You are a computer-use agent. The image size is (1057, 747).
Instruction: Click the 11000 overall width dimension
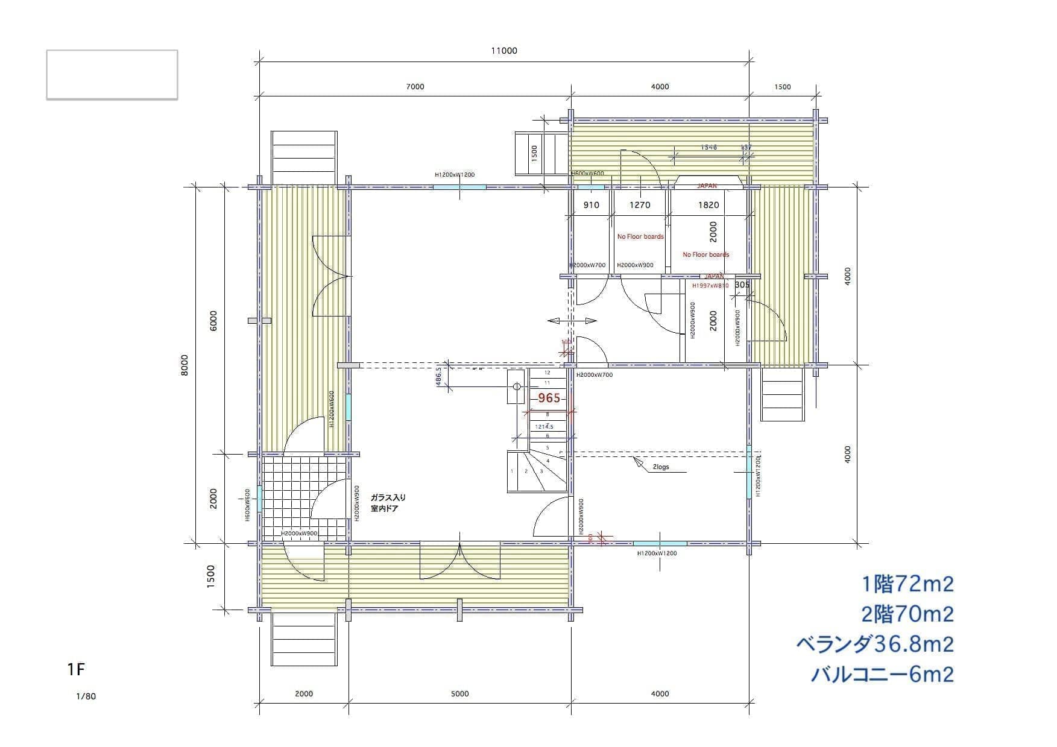click(503, 51)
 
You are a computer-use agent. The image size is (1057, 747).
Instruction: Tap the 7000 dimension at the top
click(415, 86)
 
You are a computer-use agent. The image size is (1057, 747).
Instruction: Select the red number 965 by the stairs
click(549, 398)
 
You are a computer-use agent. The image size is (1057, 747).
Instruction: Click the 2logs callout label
click(661, 467)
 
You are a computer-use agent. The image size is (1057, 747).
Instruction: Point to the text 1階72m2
click(907, 584)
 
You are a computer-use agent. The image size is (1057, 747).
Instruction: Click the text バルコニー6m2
click(882, 674)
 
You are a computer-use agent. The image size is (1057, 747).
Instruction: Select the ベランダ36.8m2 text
click(875, 644)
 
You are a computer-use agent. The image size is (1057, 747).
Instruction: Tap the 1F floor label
click(76, 669)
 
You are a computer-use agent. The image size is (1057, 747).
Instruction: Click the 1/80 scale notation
click(86, 696)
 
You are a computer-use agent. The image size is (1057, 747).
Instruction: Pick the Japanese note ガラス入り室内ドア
click(388, 503)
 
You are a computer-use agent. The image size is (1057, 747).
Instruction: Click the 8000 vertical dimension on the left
click(185, 365)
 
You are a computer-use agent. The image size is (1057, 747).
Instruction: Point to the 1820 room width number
click(708, 205)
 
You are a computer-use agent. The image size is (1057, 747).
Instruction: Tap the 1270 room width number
click(640, 205)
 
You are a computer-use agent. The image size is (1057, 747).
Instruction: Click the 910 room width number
click(592, 205)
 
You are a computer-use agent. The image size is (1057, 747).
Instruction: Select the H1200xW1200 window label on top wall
click(455, 175)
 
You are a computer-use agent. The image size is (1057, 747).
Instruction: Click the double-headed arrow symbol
click(572, 321)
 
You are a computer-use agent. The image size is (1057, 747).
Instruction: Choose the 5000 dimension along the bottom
click(459, 693)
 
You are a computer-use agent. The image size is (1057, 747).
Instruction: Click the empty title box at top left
click(112, 75)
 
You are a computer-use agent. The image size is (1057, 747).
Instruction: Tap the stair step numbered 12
click(547, 373)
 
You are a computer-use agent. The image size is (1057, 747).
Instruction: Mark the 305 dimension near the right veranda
click(742, 285)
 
